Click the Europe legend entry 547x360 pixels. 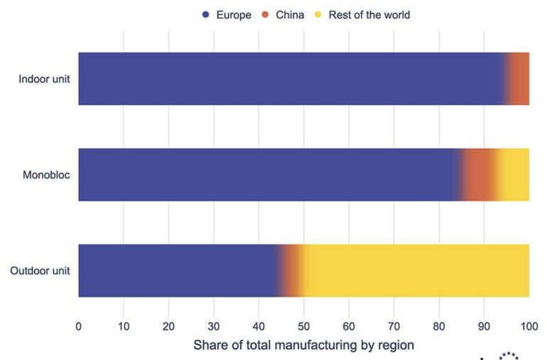tap(227, 14)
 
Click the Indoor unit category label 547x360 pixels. tap(44, 78)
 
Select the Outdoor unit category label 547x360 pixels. tap(40, 271)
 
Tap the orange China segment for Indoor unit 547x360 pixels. tap(519, 78)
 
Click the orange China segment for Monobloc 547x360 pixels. tap(479, 175)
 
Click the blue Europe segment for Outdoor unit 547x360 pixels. tap(178, 271)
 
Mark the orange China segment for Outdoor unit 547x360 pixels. tap(292, 271)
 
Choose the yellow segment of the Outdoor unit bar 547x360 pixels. tap(416, 271)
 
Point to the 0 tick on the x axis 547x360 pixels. tap(78, 327)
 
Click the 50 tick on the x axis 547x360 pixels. tap(303, 327)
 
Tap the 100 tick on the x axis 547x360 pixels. tap(529, 327)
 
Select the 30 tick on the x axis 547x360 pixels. tap(213, 327)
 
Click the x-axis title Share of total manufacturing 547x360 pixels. tap(303, 345)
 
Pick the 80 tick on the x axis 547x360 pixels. tap(438, 327)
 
